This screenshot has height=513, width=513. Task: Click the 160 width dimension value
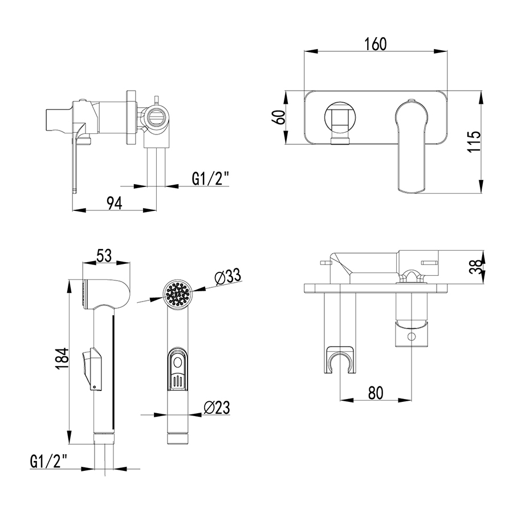[x=376, y=44]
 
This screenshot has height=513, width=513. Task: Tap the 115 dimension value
[x=474, y=141]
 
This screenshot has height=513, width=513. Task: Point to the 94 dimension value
[x=115, y=203]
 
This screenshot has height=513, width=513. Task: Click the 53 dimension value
[x=104, y=255]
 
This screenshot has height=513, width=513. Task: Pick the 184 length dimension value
[x=62, y=359]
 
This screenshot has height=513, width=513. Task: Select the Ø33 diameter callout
[x=227, y=276]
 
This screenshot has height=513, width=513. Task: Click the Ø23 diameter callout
[x=217, y=408]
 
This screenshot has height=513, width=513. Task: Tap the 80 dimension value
[x=376, y=393]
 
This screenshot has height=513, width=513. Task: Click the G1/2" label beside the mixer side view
[x=210, y=179]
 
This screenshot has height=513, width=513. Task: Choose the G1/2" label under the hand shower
[x=48, y=461]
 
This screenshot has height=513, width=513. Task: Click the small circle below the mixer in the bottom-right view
[x=412, y=336]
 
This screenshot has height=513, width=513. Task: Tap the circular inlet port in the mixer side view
[x=157, y=116]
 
